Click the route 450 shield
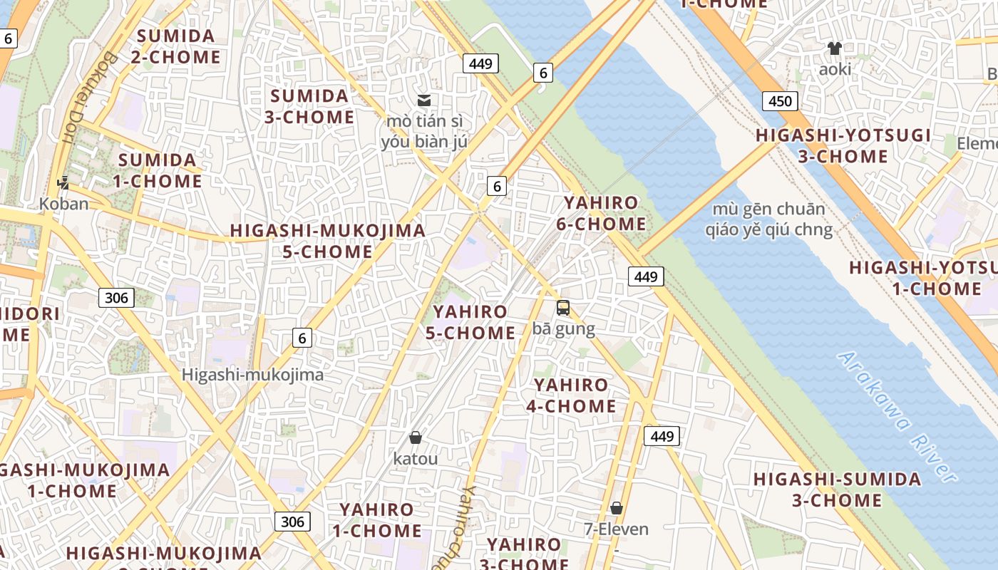click(x=779, y=101)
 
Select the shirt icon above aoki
click(x=835, y=48)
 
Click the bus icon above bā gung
click(x=563, y=308)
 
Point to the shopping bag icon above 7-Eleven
click(x=617, y=508)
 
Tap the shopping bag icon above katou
click(x=416, y=437)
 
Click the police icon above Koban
click(x=63, y=182)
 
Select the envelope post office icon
click(x=424, y=100)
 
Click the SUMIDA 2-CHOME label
click(x=176, y=46)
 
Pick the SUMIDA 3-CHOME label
click(x=309, y=106)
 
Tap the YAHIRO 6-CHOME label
click(x=601, y=213)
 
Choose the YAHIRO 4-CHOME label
click(x=571, y=395)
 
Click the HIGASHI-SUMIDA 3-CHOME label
click(x=837, y=489)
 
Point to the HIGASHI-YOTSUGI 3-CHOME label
click(x=843, y=145)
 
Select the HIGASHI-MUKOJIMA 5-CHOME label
click(x=327, y=241)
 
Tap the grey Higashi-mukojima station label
click(x=252, y=375)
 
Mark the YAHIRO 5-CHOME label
click(x=470, y=322)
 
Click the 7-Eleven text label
click(x=617, y=529)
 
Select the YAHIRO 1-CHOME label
click(x=376, y=519)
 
